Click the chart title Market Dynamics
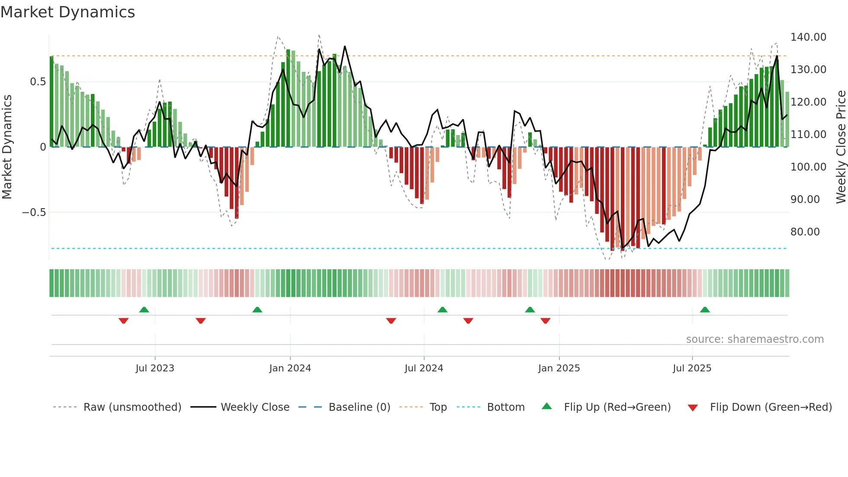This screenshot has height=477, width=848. click(x=67, y=12)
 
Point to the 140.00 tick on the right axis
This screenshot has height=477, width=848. click(x=808, y=37)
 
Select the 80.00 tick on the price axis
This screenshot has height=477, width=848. click(x=805, y=232)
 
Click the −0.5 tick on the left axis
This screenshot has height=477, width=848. click(x=34, y=213)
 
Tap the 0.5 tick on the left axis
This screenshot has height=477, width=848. click(x=38, y=82)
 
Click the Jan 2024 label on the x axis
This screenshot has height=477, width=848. click(x=290, y=368)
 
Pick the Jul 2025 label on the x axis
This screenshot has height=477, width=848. click(x=692, y=368)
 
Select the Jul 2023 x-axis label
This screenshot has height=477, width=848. click(x=155, y=368)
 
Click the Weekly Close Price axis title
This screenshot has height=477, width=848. click(x=841, y=147)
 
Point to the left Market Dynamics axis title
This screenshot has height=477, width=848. click(x=7, y=147)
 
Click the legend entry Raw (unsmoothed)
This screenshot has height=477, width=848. click(x=132, y=407)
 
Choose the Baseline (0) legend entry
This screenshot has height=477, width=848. click(x=359, y=407)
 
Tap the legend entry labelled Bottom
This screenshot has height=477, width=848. click(x=505, y=407)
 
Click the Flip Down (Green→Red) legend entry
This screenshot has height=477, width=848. click(x=771, y=407)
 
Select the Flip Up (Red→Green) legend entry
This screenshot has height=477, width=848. click(x=617, y=407)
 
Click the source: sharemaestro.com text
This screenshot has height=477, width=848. click(x=755, y=339)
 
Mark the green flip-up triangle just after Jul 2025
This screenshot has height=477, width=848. click(x=705, y=309)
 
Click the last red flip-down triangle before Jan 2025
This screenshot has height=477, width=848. click(x=545, y=321)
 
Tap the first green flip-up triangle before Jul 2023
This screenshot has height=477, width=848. click(x=144, y=309)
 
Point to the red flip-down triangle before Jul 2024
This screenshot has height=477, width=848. click(x=391, y=321)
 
